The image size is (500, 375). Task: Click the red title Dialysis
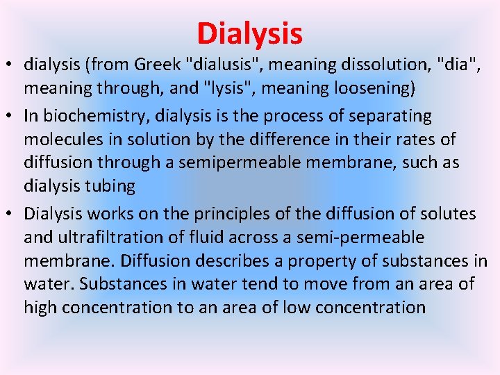click(x=249, y=33)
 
